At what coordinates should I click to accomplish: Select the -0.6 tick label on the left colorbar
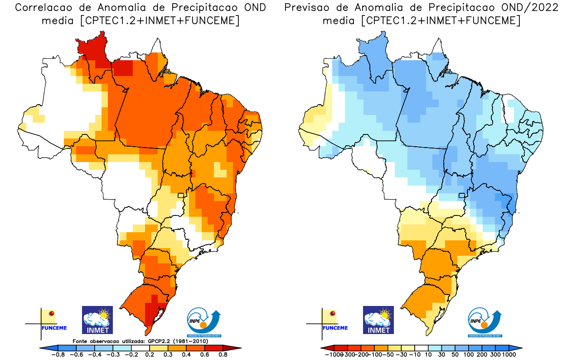click(x=78, y=355)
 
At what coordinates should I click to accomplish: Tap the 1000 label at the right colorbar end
click(x=508, y=355)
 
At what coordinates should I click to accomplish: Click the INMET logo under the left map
click(x=97, y=320)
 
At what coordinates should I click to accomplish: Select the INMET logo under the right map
click(x=378, y=320)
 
